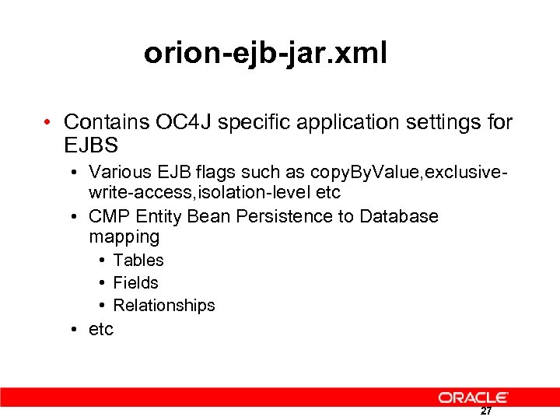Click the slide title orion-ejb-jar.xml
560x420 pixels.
265,54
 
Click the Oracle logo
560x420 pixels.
473,397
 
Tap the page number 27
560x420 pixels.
485,411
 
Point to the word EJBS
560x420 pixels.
92,145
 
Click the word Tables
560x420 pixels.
138,260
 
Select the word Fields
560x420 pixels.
136,282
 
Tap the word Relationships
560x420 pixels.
164,305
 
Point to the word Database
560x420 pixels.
399,215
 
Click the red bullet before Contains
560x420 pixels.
48,123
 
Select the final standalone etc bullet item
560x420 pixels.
101,329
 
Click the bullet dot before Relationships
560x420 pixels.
102,305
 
